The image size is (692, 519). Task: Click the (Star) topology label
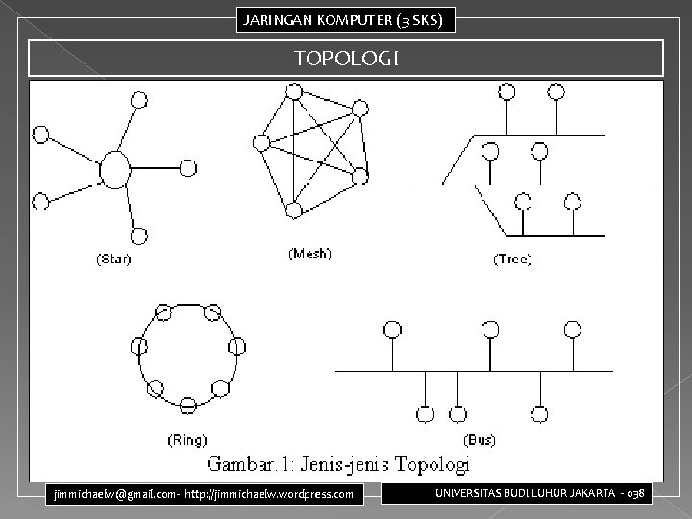112,259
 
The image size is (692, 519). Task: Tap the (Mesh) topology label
309,254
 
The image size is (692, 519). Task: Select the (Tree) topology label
513,259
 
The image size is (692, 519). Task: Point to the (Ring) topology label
186,441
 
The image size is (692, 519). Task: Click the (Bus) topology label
480,440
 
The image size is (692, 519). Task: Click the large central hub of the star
114,170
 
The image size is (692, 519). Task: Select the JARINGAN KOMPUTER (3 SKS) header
345,19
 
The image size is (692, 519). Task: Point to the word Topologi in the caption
428,465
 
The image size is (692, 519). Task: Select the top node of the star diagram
139,99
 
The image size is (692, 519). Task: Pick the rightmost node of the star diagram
188,167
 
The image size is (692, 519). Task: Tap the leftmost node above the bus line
392,330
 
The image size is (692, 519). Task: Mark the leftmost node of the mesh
260,143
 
